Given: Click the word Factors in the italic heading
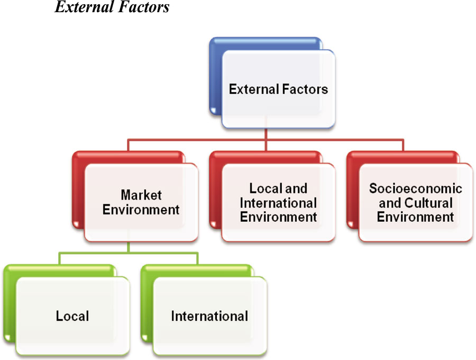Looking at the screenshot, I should tap(145, 7).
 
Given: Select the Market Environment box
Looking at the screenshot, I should tap(141, 202).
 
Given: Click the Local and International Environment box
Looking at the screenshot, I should tap(278, 202).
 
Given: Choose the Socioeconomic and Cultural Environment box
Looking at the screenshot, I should tap(416, 202).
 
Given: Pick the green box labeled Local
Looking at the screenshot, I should tap(72, 316).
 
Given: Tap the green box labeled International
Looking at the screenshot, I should tap(209, 316).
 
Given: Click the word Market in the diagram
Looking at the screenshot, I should tap(141, 195).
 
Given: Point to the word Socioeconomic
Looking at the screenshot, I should tap(416, 188).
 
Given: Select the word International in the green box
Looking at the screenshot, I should tap(209, 316).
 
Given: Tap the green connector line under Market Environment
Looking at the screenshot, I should tap(129, 254).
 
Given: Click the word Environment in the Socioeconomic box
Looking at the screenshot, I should tap(416, 217).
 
